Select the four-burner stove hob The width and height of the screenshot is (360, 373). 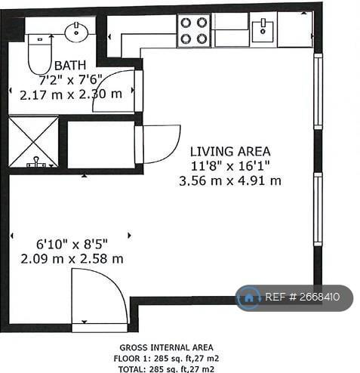192,31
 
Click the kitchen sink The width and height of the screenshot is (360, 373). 263,31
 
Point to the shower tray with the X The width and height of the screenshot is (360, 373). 33,141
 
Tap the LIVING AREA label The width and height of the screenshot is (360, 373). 229,151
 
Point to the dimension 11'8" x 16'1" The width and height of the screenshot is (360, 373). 229,165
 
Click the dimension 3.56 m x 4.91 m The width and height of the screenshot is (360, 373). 229,180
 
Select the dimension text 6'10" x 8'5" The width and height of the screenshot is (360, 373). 72,244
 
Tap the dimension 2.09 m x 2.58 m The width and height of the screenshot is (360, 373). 72,258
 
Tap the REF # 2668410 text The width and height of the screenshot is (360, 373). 307,297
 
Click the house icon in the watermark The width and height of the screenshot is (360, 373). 249,297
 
